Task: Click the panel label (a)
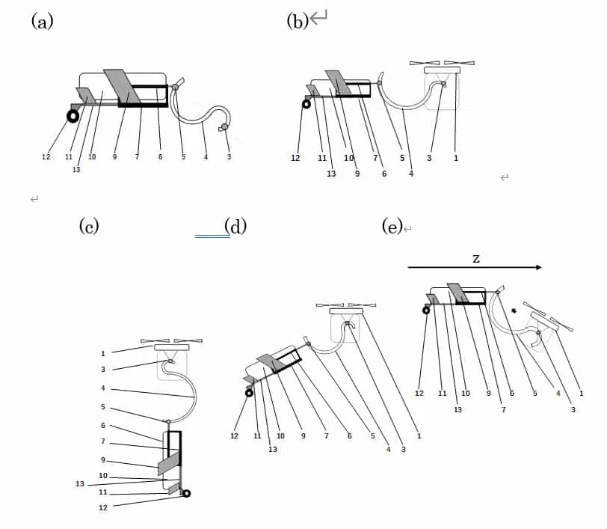point(42,21)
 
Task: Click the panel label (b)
point(298,21)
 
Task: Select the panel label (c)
point(89,225)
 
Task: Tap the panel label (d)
point(235,225)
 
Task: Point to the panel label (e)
point(392,226)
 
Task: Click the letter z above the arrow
point(475,257)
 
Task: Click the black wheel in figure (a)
point(73,116)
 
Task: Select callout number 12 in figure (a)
point(46,157)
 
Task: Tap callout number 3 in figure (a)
point(229,157)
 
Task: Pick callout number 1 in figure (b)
point(456,159)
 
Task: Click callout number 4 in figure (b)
point(411,174)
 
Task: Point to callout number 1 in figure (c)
point(103,353)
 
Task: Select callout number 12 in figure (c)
point(102,507)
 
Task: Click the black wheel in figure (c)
point(186,493)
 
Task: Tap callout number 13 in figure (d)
point(273,449)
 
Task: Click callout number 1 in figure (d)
point(418,436)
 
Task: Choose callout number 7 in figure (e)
point(504,410)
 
